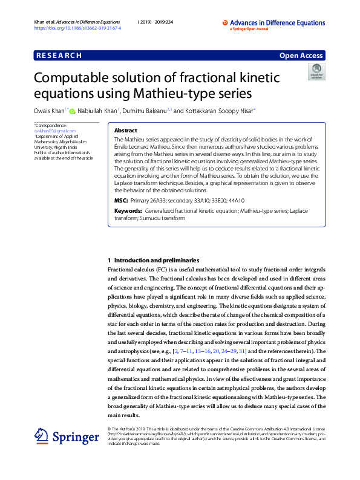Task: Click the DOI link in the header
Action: pos(78,28)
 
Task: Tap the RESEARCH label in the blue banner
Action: pos(59,56)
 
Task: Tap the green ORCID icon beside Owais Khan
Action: pos(72,111)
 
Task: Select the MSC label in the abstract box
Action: pos(121,200)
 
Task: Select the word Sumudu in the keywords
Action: pos(165,217)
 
